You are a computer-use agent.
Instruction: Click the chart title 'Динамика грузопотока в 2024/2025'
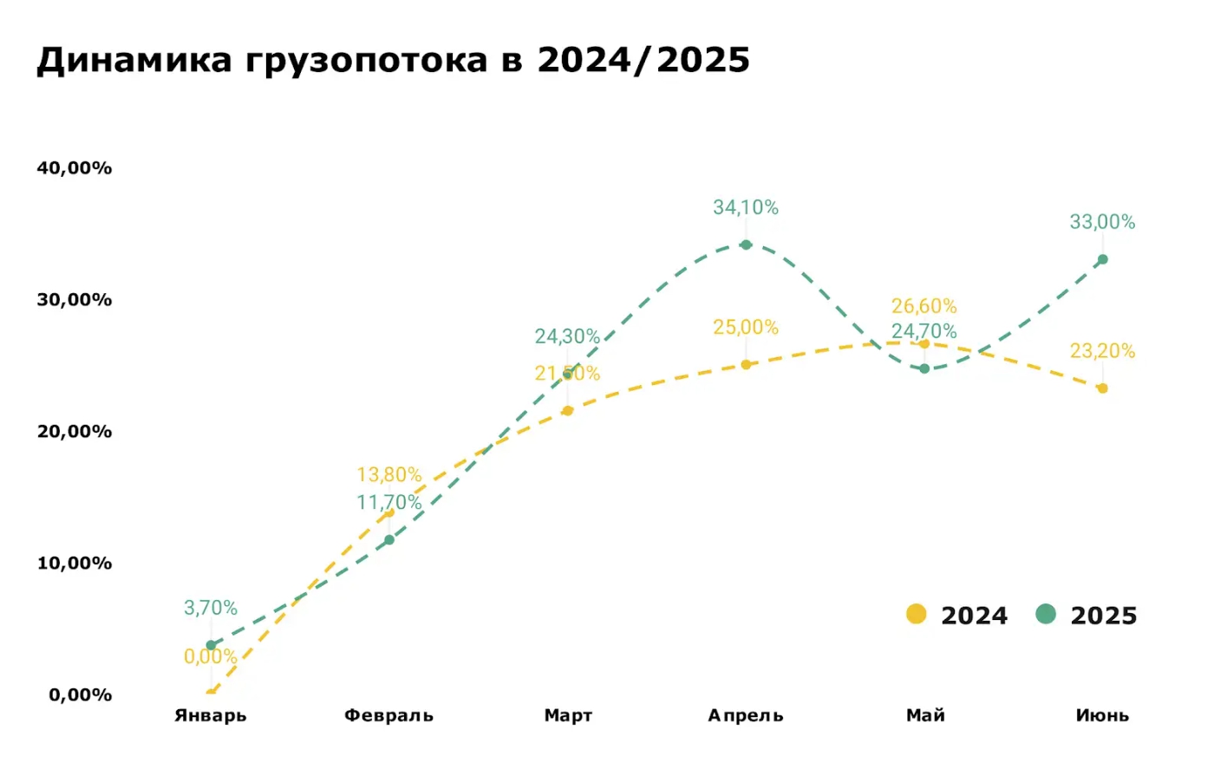point(393,61)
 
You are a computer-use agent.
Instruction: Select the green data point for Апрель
point(746,245)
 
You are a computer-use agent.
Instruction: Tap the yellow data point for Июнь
point(1102,388)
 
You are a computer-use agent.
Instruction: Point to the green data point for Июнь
point(1102,259)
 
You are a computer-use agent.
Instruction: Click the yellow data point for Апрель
point(746,365)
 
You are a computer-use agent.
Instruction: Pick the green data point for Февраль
point(389,540)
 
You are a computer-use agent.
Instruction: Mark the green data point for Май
point(924,368)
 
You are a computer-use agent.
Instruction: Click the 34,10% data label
point(746,207)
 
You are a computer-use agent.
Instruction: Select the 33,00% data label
point(1102,222)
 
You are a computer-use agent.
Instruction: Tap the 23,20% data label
point(1102,351)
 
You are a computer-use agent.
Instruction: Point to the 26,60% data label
point(924,306)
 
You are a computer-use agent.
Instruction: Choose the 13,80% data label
point(389,475)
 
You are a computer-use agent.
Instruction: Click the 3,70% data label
point(211,608)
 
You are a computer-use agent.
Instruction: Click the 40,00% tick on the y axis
point(75,168)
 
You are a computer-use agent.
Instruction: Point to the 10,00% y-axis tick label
point(75,564)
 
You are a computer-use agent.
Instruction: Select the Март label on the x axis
point(568,715)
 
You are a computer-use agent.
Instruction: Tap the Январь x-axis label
point(211,715)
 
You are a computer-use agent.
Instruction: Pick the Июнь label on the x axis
point(1102,715)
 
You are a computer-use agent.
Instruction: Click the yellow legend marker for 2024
point(916,614)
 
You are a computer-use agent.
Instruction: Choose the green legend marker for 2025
point(1046,614)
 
